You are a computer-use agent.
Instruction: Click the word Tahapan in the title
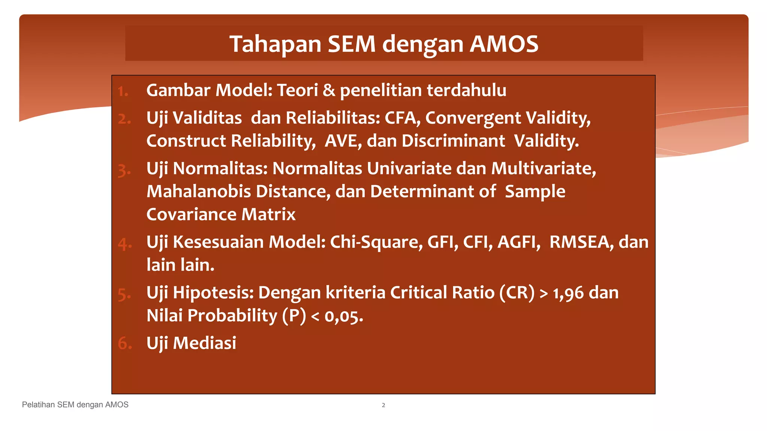[x=275, y=44]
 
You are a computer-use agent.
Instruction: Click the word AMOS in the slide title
[x=504, y=44]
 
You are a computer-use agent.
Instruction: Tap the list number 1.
[x=122, y=91]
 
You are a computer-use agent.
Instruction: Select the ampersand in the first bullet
[x=329, y=91]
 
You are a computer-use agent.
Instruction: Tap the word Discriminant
[x=453, y=141]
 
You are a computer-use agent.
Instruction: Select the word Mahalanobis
[x=198, y=192]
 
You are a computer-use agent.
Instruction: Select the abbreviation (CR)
[x=517, y=293]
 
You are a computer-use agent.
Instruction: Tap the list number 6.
[x=124, y=343]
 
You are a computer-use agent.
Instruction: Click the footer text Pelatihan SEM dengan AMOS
[x=75, y=405]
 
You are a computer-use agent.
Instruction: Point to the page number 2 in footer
[x=383, y=405]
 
